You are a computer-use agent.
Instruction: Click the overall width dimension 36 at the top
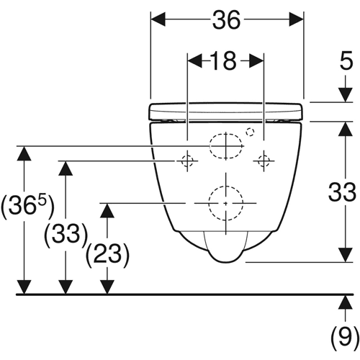pyautogui.click(x=226, y=20)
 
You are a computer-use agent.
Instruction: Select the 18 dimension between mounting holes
pyautogui.click(x=223, y=61)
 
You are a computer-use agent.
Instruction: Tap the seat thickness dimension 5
pyautogui.click(x=346, y=60)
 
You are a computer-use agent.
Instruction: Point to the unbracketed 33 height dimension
pyautogui.click(x=342, y=192)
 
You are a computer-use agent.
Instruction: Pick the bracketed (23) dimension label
pyautogui.click(x=107, y=255)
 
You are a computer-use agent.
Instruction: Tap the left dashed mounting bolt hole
pyautogui.click(x=187, y=161)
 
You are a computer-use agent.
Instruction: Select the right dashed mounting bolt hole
pyautogui.click(x=264, y=161)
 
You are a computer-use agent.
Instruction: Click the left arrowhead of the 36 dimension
pyautogui.click(x=158, y=19)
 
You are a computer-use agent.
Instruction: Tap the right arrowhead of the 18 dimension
pyautogui.click(x=257, y=61)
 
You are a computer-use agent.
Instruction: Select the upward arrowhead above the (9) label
pyautogui.click(x=346, y=302)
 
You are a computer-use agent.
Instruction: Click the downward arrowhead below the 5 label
pyautogui.click(x=346, y=95)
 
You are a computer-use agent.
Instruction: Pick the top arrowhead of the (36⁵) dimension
pyautogui.click(x=24, y=153)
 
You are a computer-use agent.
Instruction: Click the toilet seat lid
pyautogui.click(x=226, y=112)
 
